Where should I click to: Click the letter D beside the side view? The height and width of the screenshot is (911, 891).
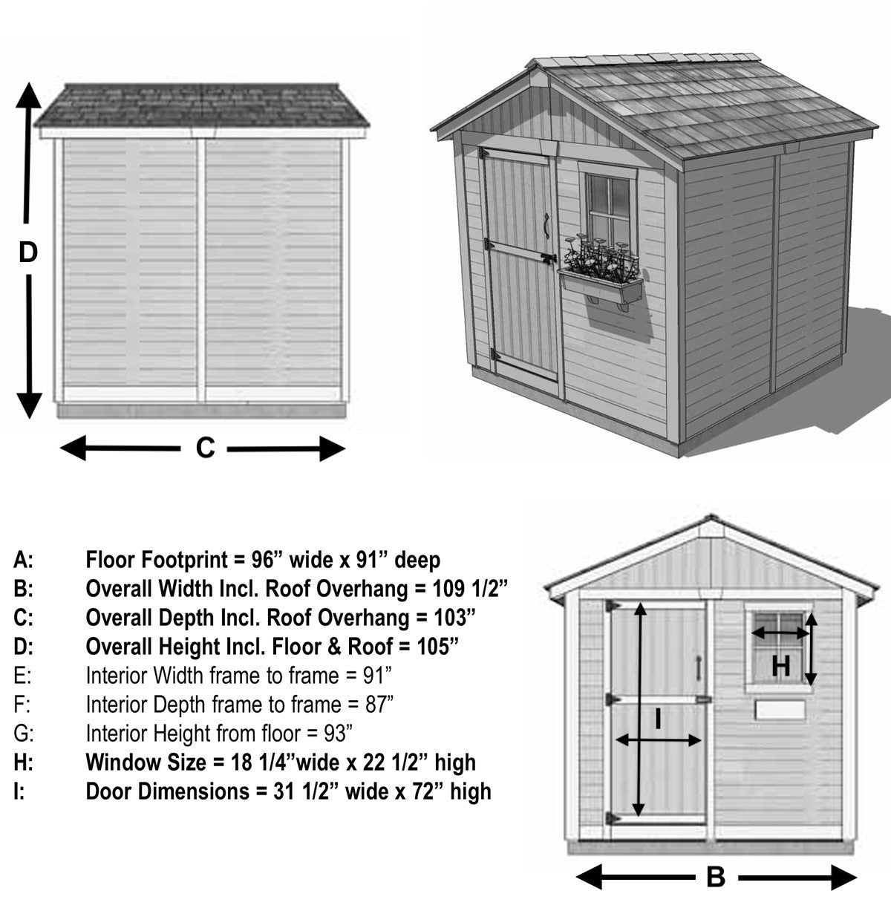(x=27, y=252)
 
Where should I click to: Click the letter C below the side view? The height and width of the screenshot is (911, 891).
(x=205, y=448)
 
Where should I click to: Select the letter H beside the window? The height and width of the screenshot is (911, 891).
(x=780, y=666)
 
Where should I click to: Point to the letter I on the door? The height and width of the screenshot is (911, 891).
(x=658, y=718)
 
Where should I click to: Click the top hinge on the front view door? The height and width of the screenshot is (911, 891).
(x=613, y=607)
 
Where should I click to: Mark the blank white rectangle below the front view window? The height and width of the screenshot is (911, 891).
(x=780, y=709)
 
